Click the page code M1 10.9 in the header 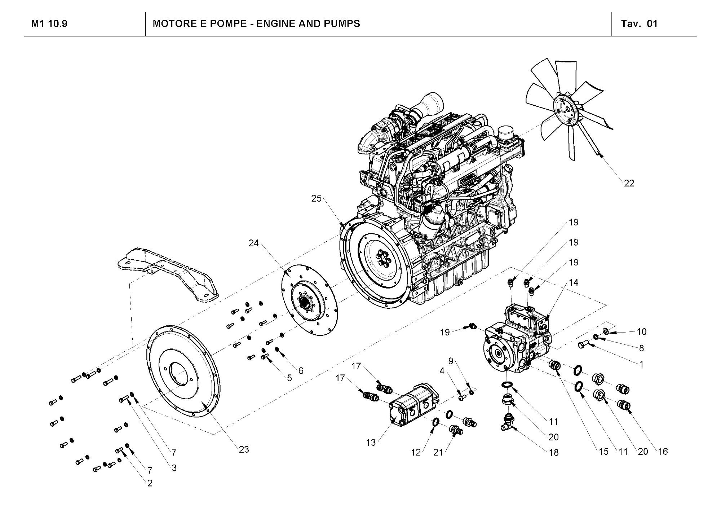tap(49, 24)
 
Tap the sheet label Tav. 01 tap(639, 24)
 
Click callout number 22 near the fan tap(629, 183)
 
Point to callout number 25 tap(316, 198)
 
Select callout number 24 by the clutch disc tap(253, 243)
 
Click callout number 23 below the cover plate tap(244, 449)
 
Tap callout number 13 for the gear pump tap(371, 443)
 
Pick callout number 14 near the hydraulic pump tap(573, 282)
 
